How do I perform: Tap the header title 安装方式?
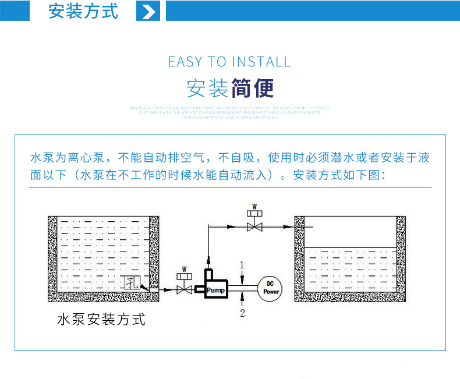(83, 12)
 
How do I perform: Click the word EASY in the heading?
(185, 62)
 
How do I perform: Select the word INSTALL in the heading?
(261, 62)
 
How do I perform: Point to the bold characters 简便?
(252, 88)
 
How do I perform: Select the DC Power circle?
(272, 288)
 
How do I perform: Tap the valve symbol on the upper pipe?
(254, 226)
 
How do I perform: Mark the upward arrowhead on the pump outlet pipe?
(208, 257)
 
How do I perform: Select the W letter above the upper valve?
(254, 206)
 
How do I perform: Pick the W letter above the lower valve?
(185, 269)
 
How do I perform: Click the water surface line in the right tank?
(351, 249)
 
